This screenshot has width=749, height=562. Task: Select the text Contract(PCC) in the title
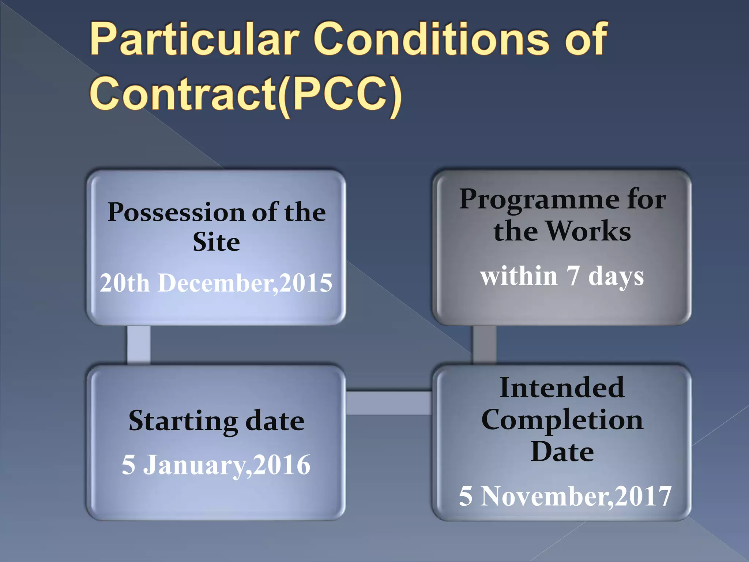246,94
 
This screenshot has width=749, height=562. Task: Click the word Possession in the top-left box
176,212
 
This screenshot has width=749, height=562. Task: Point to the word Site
216,242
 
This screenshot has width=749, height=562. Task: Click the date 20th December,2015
216,283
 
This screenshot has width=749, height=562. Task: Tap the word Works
589,232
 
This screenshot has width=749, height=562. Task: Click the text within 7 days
562,276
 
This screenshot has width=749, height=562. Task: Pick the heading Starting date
216,421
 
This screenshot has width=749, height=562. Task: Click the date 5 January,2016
216,465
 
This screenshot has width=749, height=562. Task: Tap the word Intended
562,388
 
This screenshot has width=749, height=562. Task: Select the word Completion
562,420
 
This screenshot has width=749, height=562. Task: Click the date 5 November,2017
565,497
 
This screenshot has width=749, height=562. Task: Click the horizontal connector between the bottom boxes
389,403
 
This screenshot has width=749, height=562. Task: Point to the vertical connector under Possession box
139,345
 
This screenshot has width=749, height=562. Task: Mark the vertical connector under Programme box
484,345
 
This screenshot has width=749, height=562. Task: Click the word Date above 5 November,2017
562,452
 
